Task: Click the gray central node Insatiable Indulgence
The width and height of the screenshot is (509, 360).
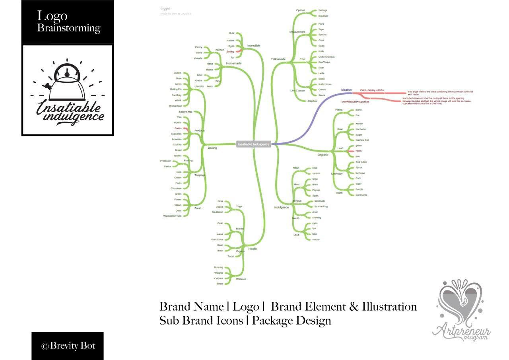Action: [x=254, y=144]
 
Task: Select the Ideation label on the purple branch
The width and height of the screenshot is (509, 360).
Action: [x=346, y=90]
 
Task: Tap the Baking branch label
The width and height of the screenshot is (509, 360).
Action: [x=212, y=148]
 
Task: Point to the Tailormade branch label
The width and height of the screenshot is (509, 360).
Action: [x=278, y=59]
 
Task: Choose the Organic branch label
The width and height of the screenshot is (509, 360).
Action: [x=323, y=154]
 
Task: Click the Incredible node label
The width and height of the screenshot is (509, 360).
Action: [x=254, y=46]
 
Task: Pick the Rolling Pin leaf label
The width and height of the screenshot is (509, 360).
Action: [x=176, y=90]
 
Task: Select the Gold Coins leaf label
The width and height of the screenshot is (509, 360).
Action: [x=217, y=239]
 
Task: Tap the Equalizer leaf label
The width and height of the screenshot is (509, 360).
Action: [x=323, y=16]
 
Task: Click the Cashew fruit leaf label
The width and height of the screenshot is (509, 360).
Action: [x=362, y=140]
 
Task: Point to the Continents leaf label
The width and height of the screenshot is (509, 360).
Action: [x=361, y=195]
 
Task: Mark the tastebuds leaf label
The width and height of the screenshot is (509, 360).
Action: [x=320, y=201]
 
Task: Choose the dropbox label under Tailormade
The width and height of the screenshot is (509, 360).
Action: [x=312, y=101]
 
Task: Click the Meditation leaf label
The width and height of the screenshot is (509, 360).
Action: [x=218, y=212]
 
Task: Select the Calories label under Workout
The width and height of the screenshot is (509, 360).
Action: [x=219, y=278]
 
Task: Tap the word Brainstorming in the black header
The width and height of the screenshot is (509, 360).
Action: [x=69, y=28]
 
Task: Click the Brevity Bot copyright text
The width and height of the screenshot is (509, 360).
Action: [x=68, y=346]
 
